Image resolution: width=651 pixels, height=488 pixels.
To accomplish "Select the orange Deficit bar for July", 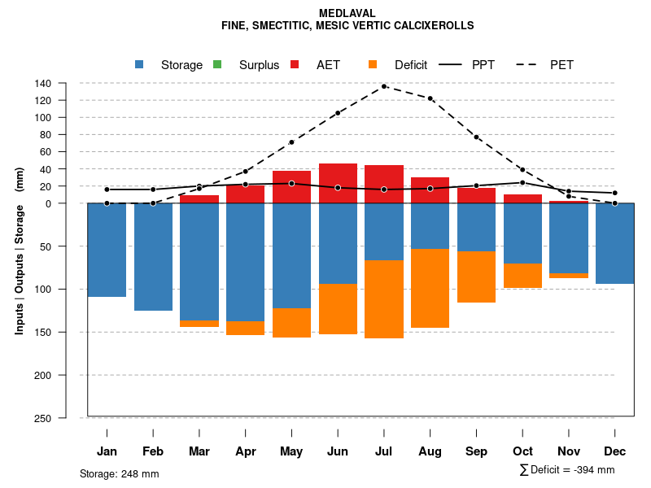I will click(x=384, y=299).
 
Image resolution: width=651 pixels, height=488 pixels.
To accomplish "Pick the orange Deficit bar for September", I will click(x=476, y=277).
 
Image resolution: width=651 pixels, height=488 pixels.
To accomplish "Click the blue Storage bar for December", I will click(x=614, y=243).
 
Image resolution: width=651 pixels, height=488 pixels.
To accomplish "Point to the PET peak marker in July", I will click(x=384, y=86).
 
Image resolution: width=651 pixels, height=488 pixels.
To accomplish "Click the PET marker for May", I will click(x=291, y=142).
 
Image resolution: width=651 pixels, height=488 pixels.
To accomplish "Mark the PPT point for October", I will click(x=522, y=182).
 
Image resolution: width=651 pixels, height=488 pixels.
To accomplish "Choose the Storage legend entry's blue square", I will click(x=139, y=64).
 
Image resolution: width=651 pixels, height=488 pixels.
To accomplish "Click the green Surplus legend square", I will click(x=217, y=64).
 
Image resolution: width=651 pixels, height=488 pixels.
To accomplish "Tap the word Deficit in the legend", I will click(x=411, y=65).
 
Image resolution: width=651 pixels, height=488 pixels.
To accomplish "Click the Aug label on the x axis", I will click(x=430, y=451).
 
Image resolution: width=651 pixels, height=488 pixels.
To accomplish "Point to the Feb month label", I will click(x=153, y=451).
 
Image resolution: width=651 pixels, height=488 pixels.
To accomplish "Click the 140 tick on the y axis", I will click(x=43, y=83).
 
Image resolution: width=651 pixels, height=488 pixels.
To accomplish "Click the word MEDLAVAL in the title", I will click(x=347, y=14).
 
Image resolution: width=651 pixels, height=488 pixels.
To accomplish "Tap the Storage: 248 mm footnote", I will click(x=119, y=473).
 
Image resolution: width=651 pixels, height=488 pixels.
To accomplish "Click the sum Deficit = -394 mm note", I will click(x=566, y=470).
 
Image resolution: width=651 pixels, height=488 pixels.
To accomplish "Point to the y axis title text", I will click(x=20, y=251).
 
